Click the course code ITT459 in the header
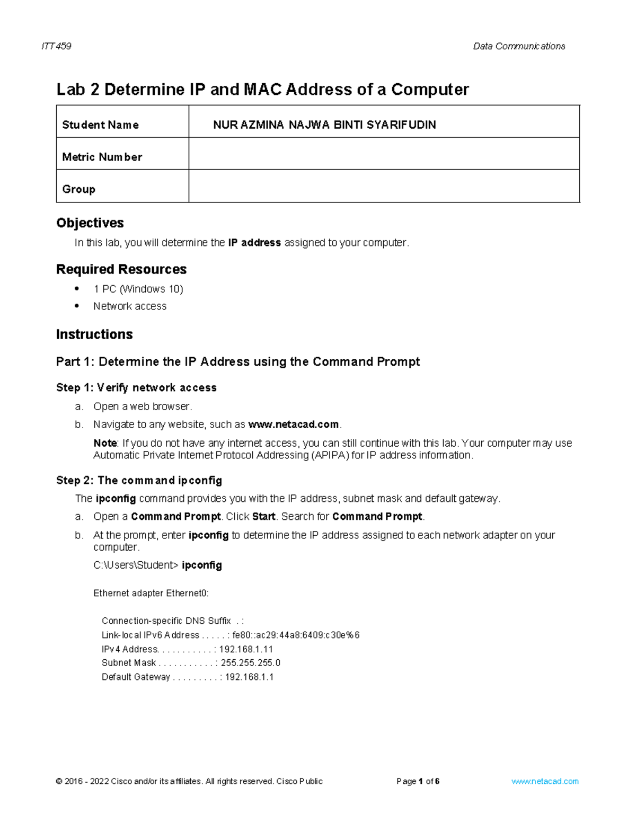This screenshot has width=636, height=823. click(x=56, y=46)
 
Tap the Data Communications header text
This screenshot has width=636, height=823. click(x=519, y=46)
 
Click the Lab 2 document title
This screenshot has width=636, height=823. click(x=262, y=90)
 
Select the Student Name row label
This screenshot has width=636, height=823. click(x=100, y=125)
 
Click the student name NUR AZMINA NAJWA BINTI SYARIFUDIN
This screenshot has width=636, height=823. click(x=324, y=125)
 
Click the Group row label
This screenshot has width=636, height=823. click(x=78, y=189)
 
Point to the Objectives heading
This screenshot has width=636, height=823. click(x=90, y=223)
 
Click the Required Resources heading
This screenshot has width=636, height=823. click(x=121, y=269)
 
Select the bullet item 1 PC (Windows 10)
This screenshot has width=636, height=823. click(x=138, y=289)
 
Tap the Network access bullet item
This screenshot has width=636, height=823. click(x=130, y=306)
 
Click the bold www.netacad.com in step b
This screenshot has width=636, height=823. click(x=294, y=424)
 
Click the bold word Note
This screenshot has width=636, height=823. click(x=105, y=443)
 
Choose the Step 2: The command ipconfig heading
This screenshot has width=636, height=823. click(x=139, y=481)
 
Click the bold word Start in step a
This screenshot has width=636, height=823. click(x=263, y=517)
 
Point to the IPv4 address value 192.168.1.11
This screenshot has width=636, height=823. click(x=246, y=649)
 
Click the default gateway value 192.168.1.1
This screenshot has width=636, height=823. click(x=249, y=677)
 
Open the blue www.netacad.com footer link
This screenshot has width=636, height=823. click(x=545, y=781)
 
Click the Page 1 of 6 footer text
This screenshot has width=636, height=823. click(x=418, y=781)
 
